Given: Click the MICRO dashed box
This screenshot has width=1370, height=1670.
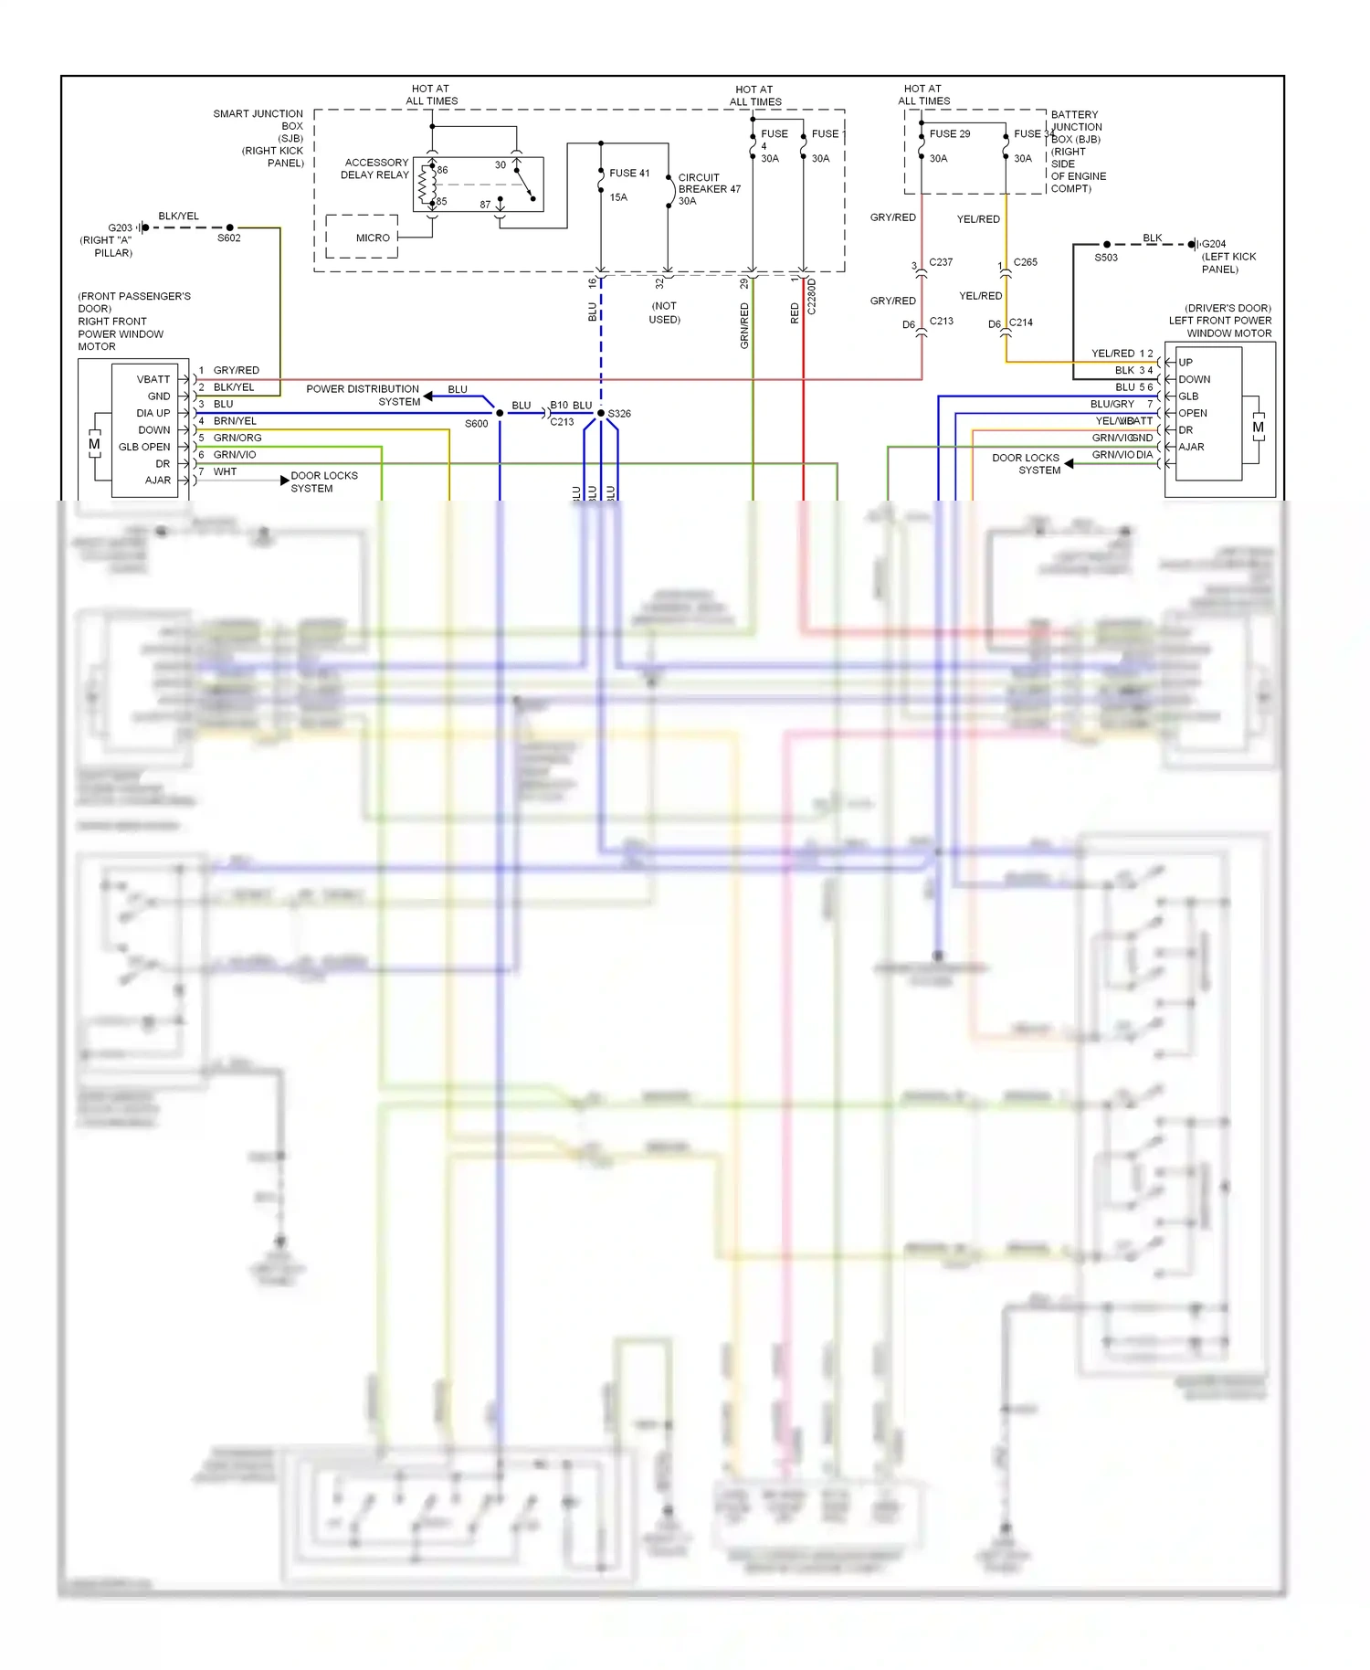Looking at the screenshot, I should click(x=363, y=238).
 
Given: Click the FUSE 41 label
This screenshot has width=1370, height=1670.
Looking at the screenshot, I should click(x=629, y=173).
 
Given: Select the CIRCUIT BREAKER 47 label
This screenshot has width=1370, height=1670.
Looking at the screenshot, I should click(x=709, y=189).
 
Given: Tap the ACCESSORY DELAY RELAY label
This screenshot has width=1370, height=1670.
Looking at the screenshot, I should click(x=375, y=169).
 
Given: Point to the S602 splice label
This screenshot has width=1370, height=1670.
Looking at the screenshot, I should click(x=229, y=238).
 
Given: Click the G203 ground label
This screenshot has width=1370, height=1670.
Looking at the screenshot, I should click(x=120, y=227).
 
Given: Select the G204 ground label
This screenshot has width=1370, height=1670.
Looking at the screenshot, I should click(x=1214, y=244).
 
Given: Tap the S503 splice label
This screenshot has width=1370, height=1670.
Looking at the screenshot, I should click(x=1106, y=258).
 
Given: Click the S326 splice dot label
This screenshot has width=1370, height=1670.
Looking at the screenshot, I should click(x=619, y=414).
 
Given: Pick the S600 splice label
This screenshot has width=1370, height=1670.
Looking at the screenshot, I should click(x=477, y=424).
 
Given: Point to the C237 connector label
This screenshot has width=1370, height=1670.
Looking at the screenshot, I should click(x=941, y=262).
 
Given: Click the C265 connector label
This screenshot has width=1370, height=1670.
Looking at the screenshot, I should click(x=1026, y=262).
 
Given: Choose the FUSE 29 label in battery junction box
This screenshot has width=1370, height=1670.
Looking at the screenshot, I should click(x=950, y=133).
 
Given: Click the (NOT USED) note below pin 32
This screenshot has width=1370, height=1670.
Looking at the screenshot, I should click(x=665, y=312).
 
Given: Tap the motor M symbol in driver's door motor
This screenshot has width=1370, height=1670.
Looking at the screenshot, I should click(x=1258, y=427).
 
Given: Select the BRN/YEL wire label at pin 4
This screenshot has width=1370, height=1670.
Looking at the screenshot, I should click(x=235, y=421).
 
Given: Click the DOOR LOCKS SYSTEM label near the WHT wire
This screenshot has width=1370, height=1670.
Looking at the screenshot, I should click(x=324, y=481).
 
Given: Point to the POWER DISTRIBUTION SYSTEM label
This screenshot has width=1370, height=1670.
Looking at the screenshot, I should click(x=363, y=395).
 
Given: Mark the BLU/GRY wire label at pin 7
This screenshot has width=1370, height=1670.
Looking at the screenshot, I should click(x=1112, y=404).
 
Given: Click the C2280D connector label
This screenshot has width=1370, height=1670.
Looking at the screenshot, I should click(x=812, y=298).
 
